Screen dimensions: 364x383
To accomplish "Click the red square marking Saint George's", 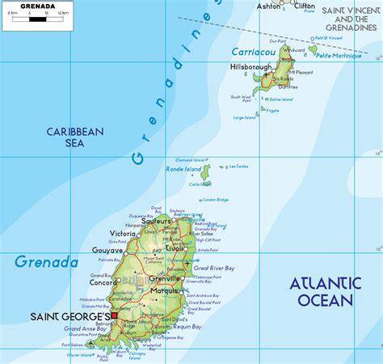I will tap(114, 316).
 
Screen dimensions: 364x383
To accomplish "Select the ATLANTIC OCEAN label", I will tap(326, 291).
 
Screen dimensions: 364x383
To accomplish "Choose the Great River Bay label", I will tap(213, 267).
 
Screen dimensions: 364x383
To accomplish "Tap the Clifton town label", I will tap(305, 6).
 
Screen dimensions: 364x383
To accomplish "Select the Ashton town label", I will tap(269, 6).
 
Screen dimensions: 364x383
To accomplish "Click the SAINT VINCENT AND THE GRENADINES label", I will tap(349, 19).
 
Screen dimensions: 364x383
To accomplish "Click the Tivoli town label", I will tap(174, 248).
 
